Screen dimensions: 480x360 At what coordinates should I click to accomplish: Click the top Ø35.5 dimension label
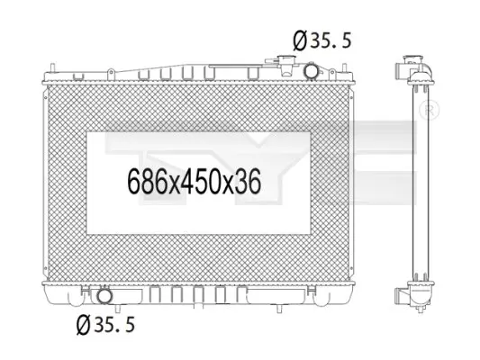(x=322, y=40)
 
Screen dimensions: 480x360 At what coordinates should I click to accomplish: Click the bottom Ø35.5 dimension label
(x=105, y=325)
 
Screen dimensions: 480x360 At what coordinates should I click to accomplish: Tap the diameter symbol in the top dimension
(x=300, y=40)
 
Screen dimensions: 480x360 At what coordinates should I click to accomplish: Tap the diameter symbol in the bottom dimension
(x=83, y=325)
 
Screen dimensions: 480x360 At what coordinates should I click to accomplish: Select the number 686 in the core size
(x=148, y=182)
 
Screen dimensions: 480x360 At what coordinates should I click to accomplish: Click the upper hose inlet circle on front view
(x=311, y=71)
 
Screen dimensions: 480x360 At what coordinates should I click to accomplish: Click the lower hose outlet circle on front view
(x=104, y=295)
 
